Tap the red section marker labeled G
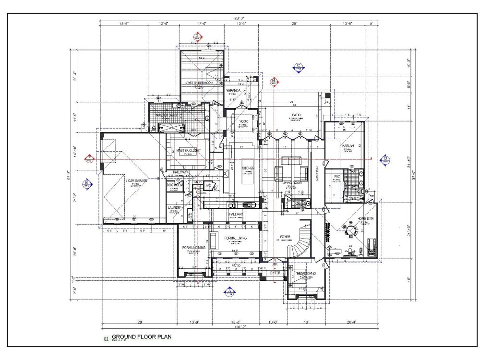196,37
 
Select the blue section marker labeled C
298,67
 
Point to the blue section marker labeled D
385,159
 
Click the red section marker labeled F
89,159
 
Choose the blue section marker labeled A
229,291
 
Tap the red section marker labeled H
274,82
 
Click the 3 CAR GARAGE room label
136,180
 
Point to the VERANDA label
234,90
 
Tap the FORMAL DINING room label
194,247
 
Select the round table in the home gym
352,231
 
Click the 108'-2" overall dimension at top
239,18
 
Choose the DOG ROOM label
175,185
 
